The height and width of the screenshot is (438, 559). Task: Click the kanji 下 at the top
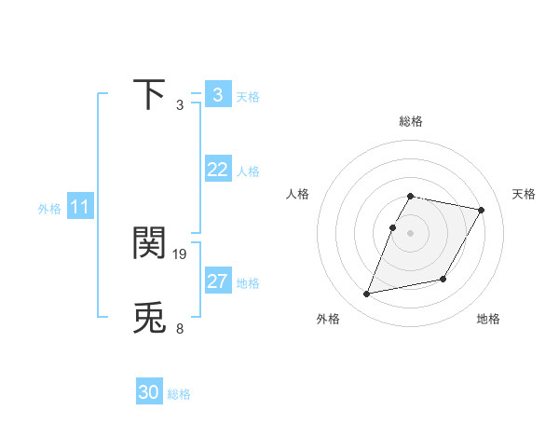pos(150,94)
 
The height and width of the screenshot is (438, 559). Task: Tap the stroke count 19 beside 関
pos(181,253)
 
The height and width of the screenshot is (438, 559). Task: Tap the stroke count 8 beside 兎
pos(180,328)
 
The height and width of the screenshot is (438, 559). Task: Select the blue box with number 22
pos(217,170)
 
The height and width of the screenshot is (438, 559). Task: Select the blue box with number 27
pos(217,281)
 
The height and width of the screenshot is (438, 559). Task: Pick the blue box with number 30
pos(149,392)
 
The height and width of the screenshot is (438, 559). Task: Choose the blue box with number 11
pos(79,207)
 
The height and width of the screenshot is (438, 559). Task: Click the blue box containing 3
pos(217,95)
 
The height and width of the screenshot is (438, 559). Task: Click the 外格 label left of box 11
pos(49,209)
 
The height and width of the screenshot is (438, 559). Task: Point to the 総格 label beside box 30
pos(179,394)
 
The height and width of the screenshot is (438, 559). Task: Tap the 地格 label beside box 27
pos(248,283)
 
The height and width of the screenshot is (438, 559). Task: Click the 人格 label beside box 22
pos(248,171)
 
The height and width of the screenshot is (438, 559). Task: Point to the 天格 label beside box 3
pos(248,97)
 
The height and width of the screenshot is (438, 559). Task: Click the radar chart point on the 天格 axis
pos(482,211)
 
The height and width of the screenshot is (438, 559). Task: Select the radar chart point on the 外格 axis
pos(367,294)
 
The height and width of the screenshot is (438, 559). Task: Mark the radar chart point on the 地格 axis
pos(443,279)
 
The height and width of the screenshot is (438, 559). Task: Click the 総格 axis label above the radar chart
pos(411,121)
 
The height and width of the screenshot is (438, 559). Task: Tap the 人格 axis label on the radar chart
pos(298,194)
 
